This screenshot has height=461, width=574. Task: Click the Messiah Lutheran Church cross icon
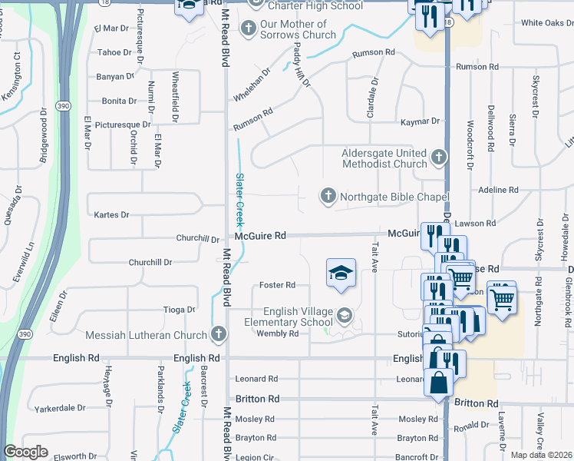(219, 334)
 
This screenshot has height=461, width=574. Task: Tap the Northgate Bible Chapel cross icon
(328, 197)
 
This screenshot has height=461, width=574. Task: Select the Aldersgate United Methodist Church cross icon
(438, 158)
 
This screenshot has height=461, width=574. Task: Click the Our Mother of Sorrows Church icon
(248, 29)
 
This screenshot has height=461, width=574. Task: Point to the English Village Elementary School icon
(345, 314)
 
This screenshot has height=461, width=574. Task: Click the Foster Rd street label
(277, 285)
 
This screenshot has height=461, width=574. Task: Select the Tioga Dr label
(180, 310)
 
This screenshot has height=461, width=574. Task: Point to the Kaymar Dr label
(421, 121)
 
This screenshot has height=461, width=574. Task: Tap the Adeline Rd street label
(498, 190)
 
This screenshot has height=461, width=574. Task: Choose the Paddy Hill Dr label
(301, 65)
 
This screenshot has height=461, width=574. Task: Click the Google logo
(25, 452)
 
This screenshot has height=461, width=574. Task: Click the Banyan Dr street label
(116, 77)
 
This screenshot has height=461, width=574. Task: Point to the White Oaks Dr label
(542, 23)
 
